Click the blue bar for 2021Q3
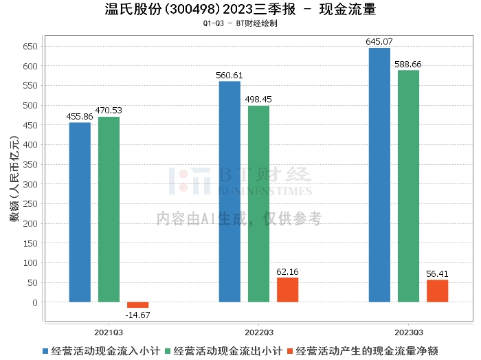click(80, 212)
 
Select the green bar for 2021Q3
click(109, 210)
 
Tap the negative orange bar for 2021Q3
click(137, 305)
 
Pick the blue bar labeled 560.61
click(230, 192)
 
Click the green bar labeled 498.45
click(258, 204)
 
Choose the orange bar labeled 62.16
click(287, 290)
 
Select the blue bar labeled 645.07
click(379, 175)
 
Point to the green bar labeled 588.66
click(408, 186)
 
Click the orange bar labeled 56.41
click(437, 291)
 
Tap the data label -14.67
click(137, 315)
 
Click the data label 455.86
click(80, 117)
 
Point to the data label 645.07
click(379, 42)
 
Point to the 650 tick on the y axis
click(30, 47)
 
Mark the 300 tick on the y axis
click(30, 184)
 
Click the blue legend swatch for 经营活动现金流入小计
click(45, 351)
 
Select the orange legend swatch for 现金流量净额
click(289, 351)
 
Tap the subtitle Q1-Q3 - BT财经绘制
click(240, 23)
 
